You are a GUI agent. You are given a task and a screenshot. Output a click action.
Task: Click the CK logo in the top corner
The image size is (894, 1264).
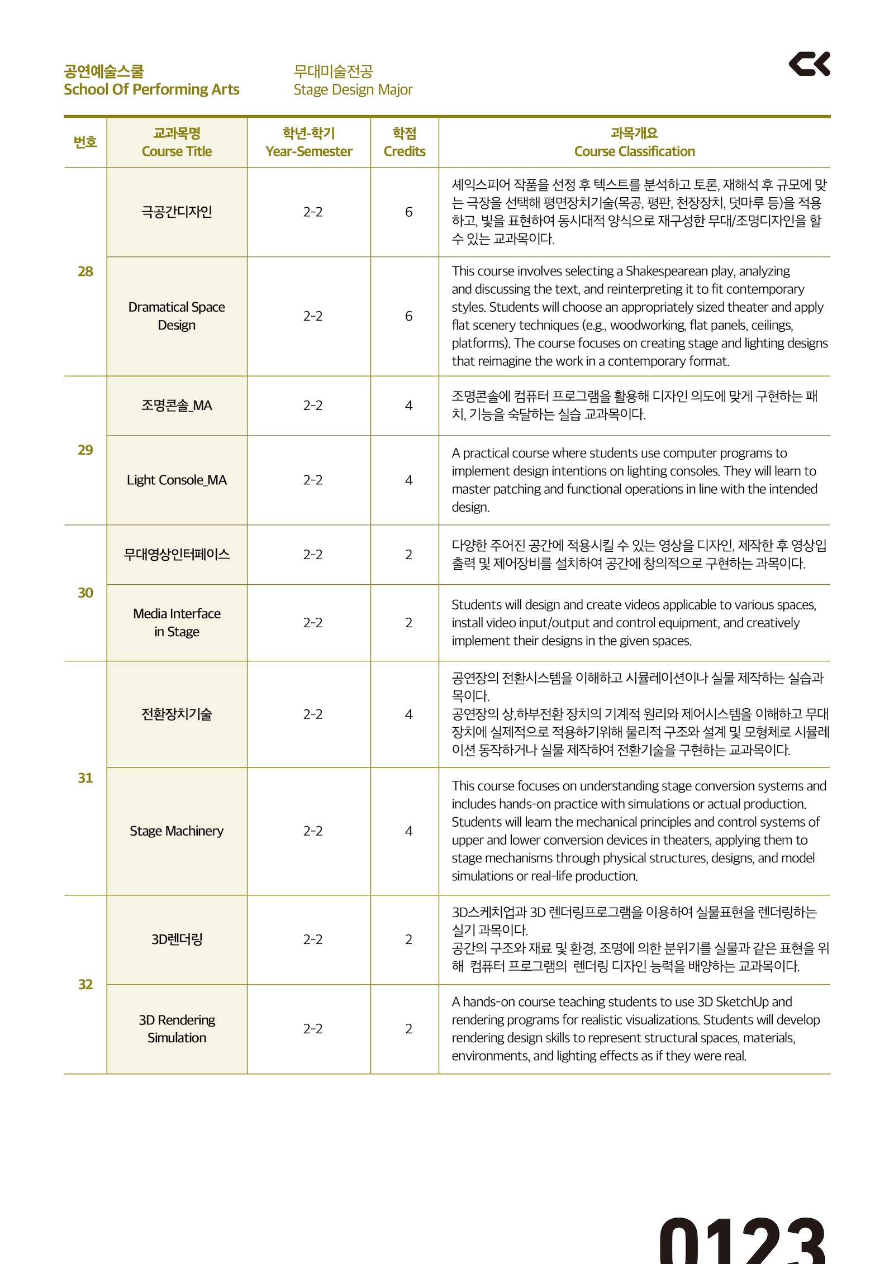pyautogui.click(x=809, y=64)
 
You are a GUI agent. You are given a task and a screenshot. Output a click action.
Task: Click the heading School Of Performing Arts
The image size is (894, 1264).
pyautogui.click(x=151, y=89)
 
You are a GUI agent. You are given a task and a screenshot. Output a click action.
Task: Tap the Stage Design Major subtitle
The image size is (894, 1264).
pyautogui.click(x=353, y=89)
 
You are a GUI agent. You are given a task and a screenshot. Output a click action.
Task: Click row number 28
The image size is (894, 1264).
pyautogui.click(x=85, y=271)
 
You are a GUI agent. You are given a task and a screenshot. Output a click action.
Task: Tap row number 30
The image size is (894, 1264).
pyautogui.click(x=85, y=593)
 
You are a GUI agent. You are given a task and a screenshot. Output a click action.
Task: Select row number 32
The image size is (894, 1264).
pyautogui.click(x=85, y=984)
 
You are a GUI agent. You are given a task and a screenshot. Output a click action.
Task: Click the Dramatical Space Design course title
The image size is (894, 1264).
pyautogui.click(x=177, y=316)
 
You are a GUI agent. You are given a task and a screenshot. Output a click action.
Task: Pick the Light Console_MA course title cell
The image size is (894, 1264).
pyautogui.click(x=177, y=480)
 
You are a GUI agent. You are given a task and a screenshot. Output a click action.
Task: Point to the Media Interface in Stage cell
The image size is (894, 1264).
pyautogui.click(x=177, y=622)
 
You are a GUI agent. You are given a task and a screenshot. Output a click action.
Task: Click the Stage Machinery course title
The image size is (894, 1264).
pyautogui.click(x=177, y=831)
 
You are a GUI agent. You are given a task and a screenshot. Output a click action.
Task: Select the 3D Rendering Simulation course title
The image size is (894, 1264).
pyautogui.click(x=177, y=1029)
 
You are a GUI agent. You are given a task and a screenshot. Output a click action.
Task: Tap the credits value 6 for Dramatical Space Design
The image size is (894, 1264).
pyautogui.click(x=408, y=316)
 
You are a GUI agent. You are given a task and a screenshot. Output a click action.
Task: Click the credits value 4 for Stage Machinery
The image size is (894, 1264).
pyautogui.click(x=408, y=831)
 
